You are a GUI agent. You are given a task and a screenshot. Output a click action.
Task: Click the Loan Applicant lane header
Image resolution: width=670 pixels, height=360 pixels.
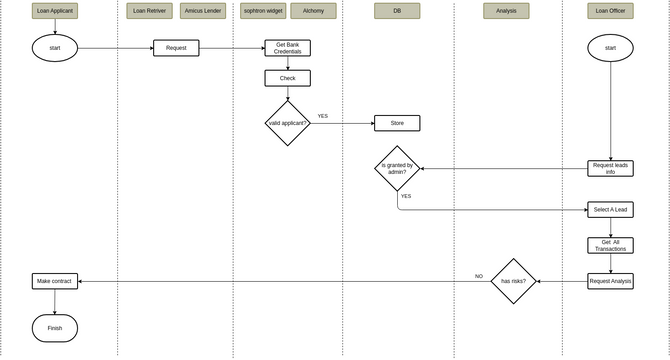[55, 11]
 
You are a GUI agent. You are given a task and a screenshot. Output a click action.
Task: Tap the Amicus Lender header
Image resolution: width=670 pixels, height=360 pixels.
[203, 11]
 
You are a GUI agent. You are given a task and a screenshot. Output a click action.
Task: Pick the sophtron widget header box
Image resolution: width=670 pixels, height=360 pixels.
[263, 11]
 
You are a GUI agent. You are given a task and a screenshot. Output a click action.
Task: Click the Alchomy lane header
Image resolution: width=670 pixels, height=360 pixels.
[313, 11]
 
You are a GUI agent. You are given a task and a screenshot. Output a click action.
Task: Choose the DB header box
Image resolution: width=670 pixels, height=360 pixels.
[397, 11]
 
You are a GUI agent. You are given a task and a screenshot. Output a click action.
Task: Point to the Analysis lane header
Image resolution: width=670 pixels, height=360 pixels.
[506, 11]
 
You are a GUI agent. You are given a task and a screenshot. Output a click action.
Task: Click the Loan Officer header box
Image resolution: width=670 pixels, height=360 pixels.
[610, 11]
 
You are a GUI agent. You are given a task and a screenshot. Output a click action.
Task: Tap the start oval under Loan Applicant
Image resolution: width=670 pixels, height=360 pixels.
[55, 48]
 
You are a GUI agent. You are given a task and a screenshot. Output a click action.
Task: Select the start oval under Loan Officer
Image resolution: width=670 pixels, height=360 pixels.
[610, 48]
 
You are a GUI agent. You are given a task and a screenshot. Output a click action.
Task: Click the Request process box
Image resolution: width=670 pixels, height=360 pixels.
[176, 48]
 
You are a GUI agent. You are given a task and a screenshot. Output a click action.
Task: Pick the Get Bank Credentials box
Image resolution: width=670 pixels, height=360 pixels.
[287, 48]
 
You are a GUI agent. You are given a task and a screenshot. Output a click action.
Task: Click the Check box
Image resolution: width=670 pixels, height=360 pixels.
[287, 78]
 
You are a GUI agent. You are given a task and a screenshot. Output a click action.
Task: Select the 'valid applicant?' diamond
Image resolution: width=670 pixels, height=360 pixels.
[287, 123]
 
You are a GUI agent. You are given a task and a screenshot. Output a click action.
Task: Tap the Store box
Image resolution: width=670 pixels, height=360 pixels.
[397, 123]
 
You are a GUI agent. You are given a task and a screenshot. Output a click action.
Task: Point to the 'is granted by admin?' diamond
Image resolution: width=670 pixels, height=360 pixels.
[397, 168]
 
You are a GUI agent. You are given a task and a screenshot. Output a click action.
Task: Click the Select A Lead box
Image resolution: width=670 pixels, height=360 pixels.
[610, 210]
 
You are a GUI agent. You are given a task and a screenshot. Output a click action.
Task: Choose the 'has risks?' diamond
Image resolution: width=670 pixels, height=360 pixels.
[514, 281]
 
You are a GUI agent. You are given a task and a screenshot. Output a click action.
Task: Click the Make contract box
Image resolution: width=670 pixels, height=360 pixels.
[55, 281]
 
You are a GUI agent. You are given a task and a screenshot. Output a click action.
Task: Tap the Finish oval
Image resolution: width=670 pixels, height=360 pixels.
[55, 327]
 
